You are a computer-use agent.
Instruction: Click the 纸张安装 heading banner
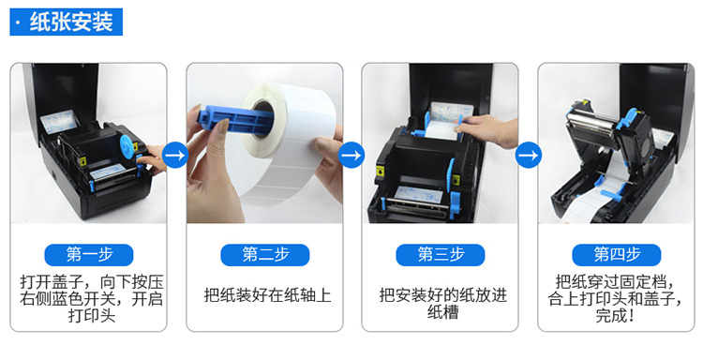coord(66,22)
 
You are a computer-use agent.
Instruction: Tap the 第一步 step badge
coord(89,255)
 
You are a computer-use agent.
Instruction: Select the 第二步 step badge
coord(265,255)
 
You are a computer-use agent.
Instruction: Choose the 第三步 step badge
coord(441,255)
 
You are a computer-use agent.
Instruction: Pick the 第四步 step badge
coord(617,255)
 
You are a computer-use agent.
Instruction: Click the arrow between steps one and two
coord(175,155)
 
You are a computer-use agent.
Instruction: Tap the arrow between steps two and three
coord(351,155)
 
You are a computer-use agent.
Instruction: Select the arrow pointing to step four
coord(528,155)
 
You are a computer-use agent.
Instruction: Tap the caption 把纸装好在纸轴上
coord(268,295)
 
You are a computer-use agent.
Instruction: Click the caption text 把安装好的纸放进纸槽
coord(443,304)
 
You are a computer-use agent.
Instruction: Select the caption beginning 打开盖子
coord(92,298)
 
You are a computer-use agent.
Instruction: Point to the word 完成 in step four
coord(610,315)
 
